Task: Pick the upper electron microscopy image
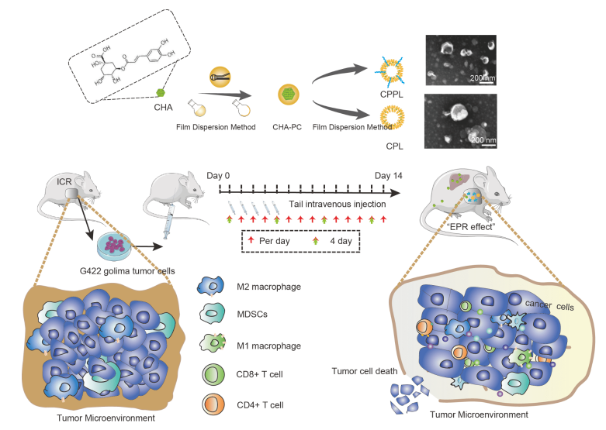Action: point(461,60)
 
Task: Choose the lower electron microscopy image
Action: point(461,120)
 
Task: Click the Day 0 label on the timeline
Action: point(218,177)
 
